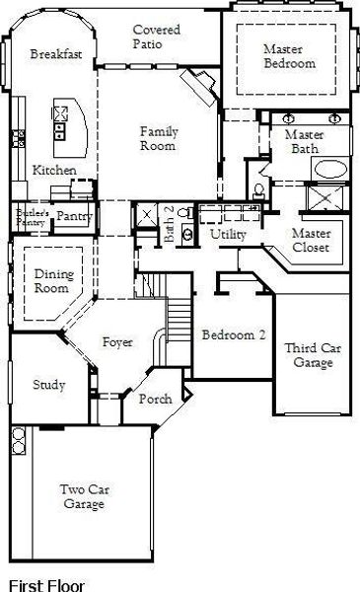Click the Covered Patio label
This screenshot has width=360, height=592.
coord(156,37)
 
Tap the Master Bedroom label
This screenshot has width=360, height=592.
coord(289,56)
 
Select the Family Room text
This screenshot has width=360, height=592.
coord(159,138)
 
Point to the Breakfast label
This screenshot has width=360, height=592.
coord(56,54)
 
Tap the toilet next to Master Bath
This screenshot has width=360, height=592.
coord(258,190)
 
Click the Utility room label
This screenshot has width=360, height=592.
coord(228,234)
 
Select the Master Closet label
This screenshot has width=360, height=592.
coord(311,240)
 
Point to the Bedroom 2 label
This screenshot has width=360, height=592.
coord(234,334)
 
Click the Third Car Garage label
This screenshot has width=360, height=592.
coord(313,355)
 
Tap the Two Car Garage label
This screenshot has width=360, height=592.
coord(85,496)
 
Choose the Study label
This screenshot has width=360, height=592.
coord(49,385)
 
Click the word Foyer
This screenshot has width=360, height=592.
coord(117,342)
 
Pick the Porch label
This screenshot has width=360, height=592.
coord(156,399)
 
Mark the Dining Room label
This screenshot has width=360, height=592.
coord(54,281)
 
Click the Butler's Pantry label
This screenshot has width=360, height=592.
coord(33,217)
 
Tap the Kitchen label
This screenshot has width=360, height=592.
coord(54,171)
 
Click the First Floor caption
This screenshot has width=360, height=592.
coord(46,585)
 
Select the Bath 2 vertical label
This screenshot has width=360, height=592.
coord(169,224)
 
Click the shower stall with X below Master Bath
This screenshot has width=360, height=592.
coord(325,197)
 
